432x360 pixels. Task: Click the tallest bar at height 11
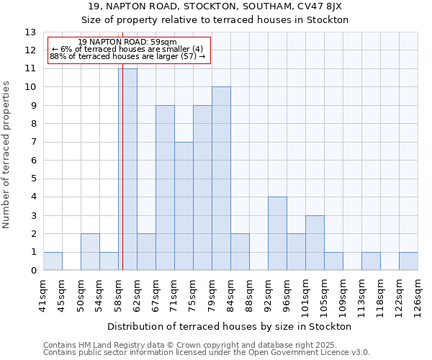tap(127, 169)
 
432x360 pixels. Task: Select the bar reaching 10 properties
tap(221, 179)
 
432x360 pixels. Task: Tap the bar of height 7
tap(184, 206)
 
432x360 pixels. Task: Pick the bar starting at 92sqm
tap(277, 233)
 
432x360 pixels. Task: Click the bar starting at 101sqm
tap(315, 243)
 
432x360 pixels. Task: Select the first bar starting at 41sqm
tap(53, 261)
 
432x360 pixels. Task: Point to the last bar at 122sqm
tap(408, 261)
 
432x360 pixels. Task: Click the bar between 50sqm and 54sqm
tap(90, 252)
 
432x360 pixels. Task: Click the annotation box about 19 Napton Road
tap(129, 49)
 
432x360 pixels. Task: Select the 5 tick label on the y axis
tap(33, 179)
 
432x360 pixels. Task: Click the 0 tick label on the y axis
tap(33, 271)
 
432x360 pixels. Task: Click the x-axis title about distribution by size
tap(230, 326)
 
